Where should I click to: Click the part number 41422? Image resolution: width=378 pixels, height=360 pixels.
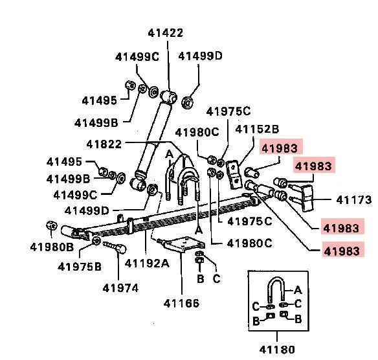coord(166,33)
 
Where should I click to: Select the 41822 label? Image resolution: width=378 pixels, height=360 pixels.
coord(104,144)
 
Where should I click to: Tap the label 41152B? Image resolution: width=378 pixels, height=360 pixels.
coord(257,129)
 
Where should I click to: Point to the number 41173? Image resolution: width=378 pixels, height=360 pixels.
coord(353,200)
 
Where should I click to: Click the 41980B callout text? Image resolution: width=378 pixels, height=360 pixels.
coord(52,247)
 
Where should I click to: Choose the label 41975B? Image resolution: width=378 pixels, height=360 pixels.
coord(80,267)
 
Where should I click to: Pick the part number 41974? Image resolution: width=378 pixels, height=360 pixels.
coord(120,288)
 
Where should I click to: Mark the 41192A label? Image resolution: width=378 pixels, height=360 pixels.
coord(147,263)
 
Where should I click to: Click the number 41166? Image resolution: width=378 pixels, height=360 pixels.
coord(181,303)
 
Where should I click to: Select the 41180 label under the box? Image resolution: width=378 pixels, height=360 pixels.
coord(277,350)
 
